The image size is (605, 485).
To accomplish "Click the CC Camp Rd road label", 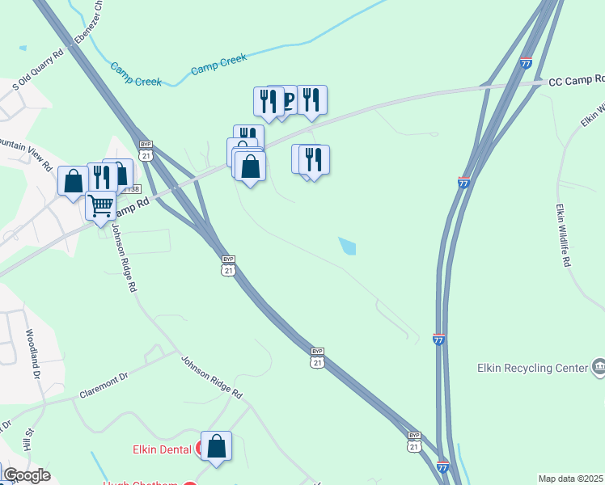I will click(x=577, y=80).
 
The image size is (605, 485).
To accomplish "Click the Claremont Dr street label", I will click(x=104, y=385).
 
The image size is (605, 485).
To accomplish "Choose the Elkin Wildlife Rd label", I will click(x=563, y=235).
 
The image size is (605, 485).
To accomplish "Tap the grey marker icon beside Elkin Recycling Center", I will click(x=598, y=368).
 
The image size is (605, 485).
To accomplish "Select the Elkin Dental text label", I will click(x=162, y=449).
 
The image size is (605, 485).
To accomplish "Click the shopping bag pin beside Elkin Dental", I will click(x=216, y=446).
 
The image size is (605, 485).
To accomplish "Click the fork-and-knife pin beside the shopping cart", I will click(x=100, y=177).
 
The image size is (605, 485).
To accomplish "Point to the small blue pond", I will click(x=347, y=246).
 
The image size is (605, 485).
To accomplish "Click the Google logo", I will click(x=26, y=475).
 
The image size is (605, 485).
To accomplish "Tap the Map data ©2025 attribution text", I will click(x=571, y=479).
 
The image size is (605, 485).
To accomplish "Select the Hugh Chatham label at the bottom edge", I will click(x=141, y=483).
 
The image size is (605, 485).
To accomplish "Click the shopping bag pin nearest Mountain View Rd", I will click(x=73, y=181).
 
